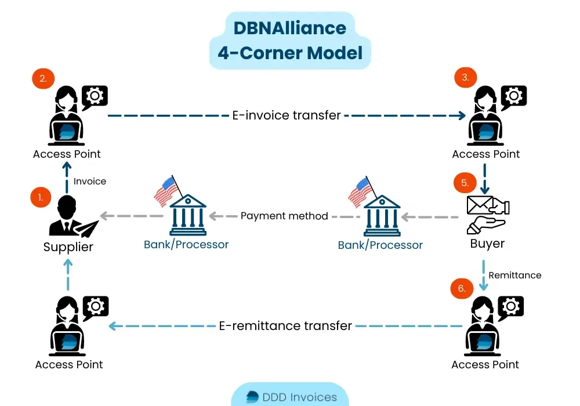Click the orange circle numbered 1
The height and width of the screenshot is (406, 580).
point(41,197)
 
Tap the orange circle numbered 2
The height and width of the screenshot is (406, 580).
point(42,78)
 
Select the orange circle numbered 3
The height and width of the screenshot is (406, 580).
point(465,77)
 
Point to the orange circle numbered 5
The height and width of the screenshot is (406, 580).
point(465,183)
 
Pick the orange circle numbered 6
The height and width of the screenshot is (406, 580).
point(462,288)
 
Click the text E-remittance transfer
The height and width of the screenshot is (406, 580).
point(285,326)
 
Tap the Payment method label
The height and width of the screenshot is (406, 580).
point(284,216)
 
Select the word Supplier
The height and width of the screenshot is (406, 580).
point(68,247)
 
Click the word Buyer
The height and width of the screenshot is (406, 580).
point(487,244)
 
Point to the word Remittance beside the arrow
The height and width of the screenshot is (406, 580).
point(515,275)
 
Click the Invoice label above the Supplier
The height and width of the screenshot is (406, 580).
point(90,181)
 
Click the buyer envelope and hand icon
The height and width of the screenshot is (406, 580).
point(487,213)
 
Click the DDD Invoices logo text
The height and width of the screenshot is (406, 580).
point(300,397)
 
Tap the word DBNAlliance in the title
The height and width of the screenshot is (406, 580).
point(290,28)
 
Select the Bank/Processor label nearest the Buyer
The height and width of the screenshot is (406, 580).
point(380,245)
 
